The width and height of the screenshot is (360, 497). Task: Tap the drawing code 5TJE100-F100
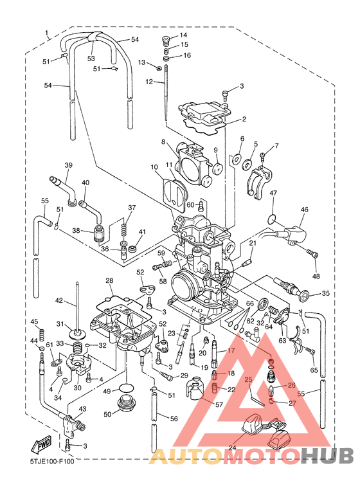[52, 461]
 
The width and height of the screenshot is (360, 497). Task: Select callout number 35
[325, 294]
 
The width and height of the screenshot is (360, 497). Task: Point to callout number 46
[304, 210]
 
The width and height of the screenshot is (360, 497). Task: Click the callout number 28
[109, 280]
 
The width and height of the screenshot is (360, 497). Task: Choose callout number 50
[108, 414]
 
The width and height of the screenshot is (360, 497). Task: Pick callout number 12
[149, 82]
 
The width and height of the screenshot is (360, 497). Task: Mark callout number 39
[68, 165]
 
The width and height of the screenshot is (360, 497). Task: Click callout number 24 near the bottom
[232, 448]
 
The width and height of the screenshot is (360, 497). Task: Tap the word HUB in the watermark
[327, 455]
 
